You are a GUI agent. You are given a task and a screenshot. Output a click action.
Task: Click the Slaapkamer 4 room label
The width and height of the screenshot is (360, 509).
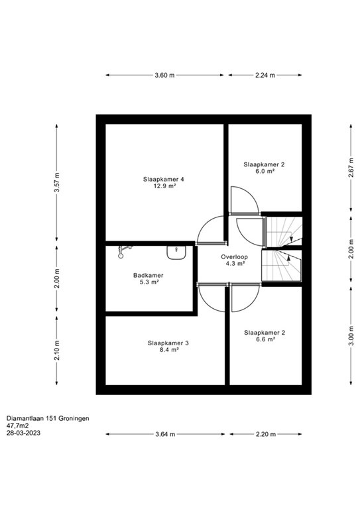click(164, 179)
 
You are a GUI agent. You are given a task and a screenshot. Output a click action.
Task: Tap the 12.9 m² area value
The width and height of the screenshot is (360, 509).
click(164, 186)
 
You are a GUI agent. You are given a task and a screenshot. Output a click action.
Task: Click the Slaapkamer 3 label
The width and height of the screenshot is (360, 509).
click(168, 343)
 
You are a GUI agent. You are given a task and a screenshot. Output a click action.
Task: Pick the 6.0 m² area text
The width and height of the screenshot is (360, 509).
click(264, 170)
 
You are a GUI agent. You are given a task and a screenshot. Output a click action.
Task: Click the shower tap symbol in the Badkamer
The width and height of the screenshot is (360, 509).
click(123, 249)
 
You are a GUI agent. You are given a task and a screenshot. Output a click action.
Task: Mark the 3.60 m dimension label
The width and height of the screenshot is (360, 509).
click(164, 76)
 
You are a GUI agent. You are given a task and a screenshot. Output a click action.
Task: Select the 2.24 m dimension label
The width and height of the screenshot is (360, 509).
click(265, 76)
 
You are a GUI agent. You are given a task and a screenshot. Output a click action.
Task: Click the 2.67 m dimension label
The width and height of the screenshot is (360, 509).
click(349, 172)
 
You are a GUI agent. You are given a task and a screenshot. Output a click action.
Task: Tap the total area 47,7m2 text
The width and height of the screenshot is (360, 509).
click(19, 427)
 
